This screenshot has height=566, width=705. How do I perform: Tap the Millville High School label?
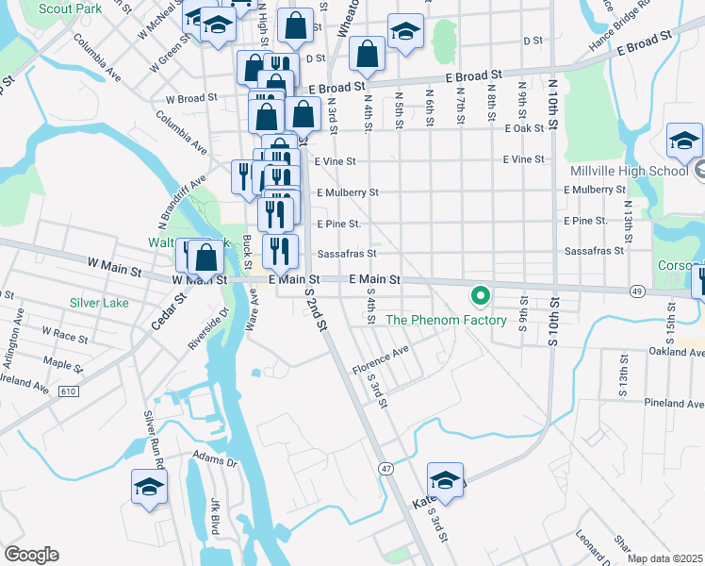coord(629,171)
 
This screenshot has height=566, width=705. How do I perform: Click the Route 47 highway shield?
coord(386,468)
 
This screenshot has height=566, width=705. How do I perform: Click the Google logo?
coord(31,555)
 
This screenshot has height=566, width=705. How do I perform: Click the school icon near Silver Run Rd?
coord(149,488)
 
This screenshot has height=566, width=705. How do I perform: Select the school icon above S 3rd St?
coord(445,480)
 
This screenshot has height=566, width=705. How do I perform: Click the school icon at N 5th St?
coord(404,33)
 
